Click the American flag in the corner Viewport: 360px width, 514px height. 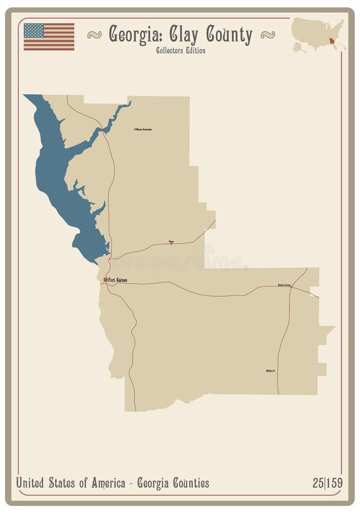49,37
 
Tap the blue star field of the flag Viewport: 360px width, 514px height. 34,30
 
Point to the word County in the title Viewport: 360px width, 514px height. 229,35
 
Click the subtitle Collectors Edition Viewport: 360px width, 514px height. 180,50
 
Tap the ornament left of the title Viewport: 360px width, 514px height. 94,35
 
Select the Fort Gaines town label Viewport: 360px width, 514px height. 118,279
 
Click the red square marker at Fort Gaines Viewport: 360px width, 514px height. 106,279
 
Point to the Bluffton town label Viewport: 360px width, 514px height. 270,371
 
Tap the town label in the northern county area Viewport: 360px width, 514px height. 143,129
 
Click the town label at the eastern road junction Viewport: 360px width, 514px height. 284,284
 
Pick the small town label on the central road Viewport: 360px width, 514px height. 171,242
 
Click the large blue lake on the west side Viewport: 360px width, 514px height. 57,171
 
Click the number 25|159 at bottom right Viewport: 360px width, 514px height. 327,483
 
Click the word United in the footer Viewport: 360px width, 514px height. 33,483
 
